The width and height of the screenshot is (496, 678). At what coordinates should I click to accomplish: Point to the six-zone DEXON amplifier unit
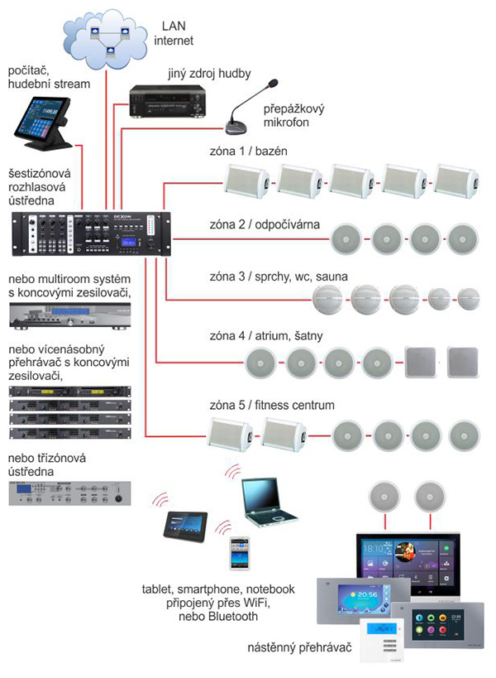[91, 233]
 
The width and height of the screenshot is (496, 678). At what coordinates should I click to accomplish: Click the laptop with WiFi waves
[269, 500]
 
